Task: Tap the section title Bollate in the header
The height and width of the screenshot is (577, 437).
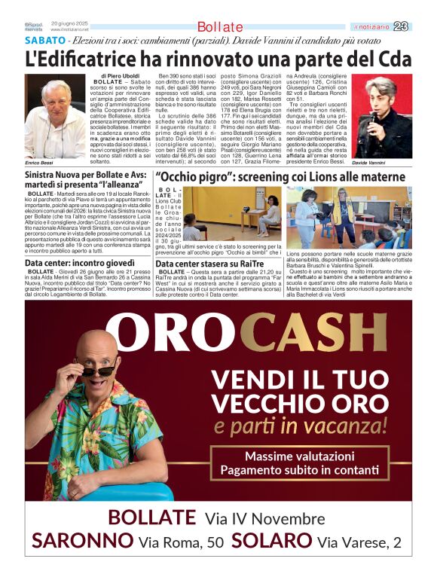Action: pos(219,27)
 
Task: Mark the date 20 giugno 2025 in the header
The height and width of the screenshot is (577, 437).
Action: pos(69,24)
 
